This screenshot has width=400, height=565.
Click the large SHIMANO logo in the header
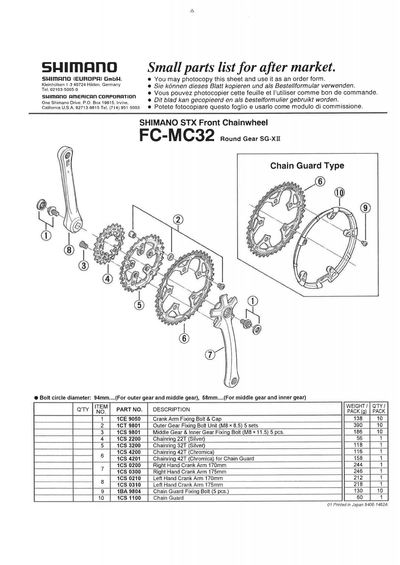coord(79,67)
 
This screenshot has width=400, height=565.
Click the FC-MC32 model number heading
coord(177,135)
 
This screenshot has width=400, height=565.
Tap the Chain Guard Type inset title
coord(307,166)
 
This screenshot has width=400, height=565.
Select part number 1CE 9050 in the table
coord(129,419)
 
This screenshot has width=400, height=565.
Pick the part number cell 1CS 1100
coord(129,498)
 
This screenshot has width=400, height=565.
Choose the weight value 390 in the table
coord(358,425)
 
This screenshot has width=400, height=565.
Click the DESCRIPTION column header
coord(171,410)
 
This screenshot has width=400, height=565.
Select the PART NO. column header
coord(129,410)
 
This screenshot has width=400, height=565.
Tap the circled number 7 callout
coord(210,355)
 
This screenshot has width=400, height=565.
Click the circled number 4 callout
coord(107,279)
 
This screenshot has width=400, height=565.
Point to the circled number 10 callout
coord(339,193)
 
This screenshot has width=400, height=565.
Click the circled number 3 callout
coord(84,266)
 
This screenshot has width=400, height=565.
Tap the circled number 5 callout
coord(139,304)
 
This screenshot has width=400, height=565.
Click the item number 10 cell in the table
coord(101,498)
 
